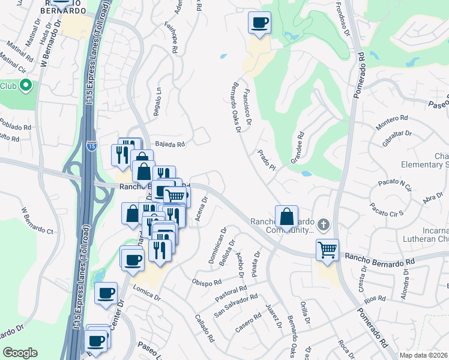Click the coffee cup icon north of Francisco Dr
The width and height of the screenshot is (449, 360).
coord(260,23)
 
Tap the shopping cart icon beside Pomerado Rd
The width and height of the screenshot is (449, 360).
coord(327,250)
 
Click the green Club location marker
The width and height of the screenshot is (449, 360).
coord(25,86)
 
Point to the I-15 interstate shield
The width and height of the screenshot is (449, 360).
coord(91,146)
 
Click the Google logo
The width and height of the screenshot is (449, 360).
coord(20,353)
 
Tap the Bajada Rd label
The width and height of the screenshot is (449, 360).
coord(170,144)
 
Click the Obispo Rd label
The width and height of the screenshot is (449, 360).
coord(207,281)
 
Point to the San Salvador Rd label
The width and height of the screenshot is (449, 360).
coord(237,305)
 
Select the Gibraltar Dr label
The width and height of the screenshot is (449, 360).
coord(397,140)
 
